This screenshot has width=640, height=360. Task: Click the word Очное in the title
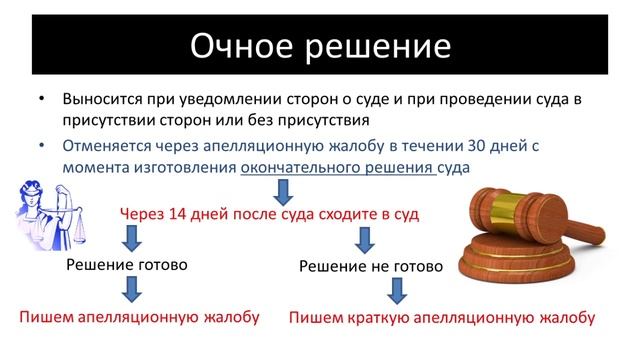[244, 47]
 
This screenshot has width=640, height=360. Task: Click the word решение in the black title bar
[378, 47]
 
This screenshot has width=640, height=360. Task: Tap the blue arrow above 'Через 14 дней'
[284, 190]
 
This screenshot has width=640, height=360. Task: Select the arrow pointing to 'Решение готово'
[130, 237]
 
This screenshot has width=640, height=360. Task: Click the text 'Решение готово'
[127, 265]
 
